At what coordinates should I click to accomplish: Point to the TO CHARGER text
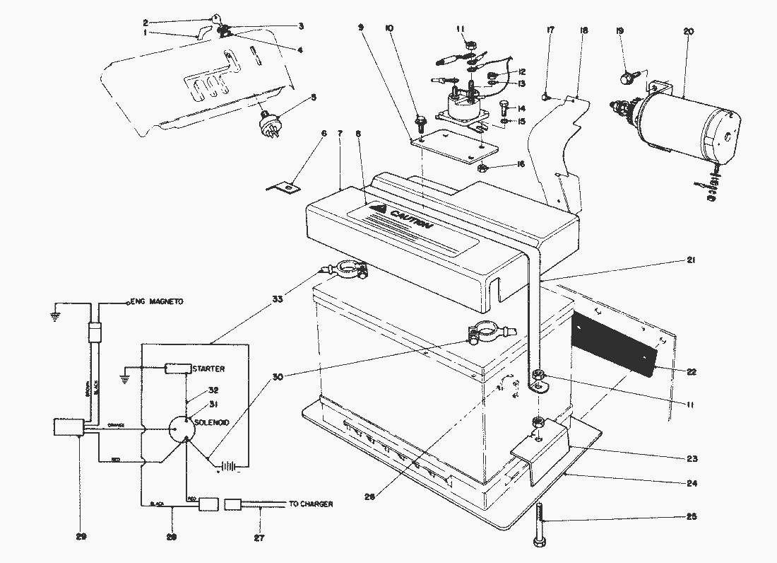point(311,504)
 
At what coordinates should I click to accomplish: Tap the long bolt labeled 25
point(540,523)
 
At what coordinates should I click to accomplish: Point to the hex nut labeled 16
point(482,168)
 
